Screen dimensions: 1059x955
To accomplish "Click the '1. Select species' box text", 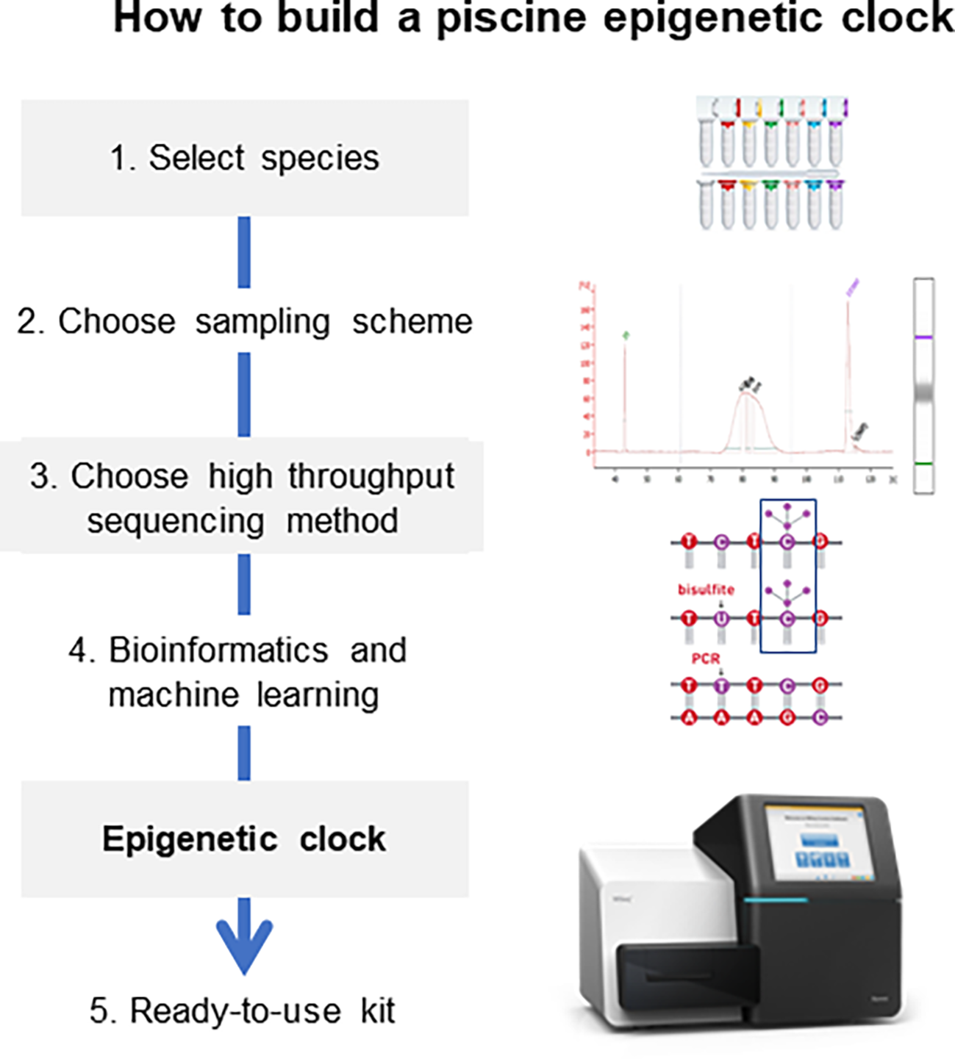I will pos(244,158).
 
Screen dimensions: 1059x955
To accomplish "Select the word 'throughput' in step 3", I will pos(371,476).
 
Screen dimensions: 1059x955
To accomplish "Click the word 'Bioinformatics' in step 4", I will pos(218,650).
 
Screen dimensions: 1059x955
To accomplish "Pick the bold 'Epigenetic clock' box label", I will pos(244,839).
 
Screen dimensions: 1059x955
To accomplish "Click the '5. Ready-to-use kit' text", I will pos(243,1010).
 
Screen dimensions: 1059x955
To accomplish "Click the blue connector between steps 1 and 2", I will pos(244,252).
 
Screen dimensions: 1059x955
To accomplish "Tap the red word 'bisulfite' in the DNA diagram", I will pos(706,589).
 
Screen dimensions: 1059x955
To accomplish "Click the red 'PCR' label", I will pos(705,658).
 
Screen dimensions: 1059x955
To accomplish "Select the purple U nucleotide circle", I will pos(721,619).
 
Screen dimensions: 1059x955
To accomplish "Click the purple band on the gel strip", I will pos(923,337).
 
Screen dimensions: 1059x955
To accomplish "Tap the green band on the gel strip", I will pos(923,464).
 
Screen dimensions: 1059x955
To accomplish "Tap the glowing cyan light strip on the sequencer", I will pos(776,900).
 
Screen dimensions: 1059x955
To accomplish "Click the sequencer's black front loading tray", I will pos(687,981).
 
